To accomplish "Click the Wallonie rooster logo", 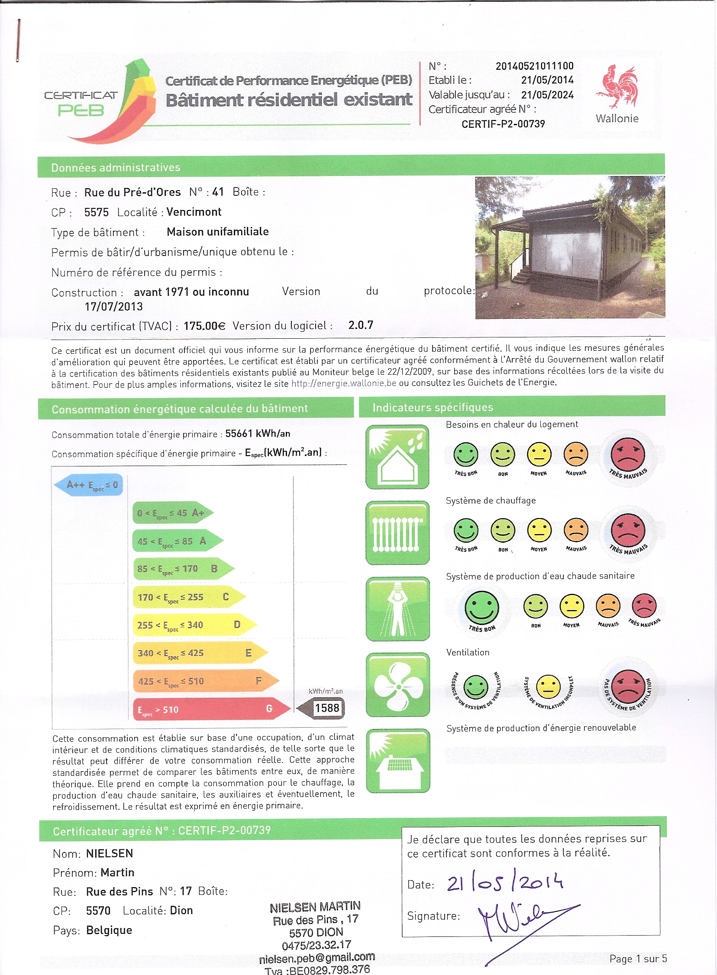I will click(x=617, y=86).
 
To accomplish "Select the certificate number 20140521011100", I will click(x=534, y=66).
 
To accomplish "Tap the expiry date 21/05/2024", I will click(x=547, y=94).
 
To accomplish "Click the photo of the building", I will click(x=569, y=247).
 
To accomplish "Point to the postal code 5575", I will click(x=97, y=212).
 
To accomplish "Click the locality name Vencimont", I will click(x=194, y=212).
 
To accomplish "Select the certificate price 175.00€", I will click(x=204, y=326).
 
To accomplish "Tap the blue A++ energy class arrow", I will click(x=89, y=485).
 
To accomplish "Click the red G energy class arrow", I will click(x=210, y=709).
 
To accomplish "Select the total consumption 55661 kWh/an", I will click(x=258, y=434).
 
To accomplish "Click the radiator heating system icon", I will click(x=397, y=533).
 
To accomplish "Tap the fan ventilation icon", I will click(x=397, y=685).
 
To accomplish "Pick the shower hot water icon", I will click(x=397, y=609).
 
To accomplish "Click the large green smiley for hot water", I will click(x=482, y=607).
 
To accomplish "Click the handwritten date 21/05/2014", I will click(x=505, y=883).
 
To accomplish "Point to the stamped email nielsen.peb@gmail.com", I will click(x=317, y=957).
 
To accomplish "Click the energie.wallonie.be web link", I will click(x=343, y=383).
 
